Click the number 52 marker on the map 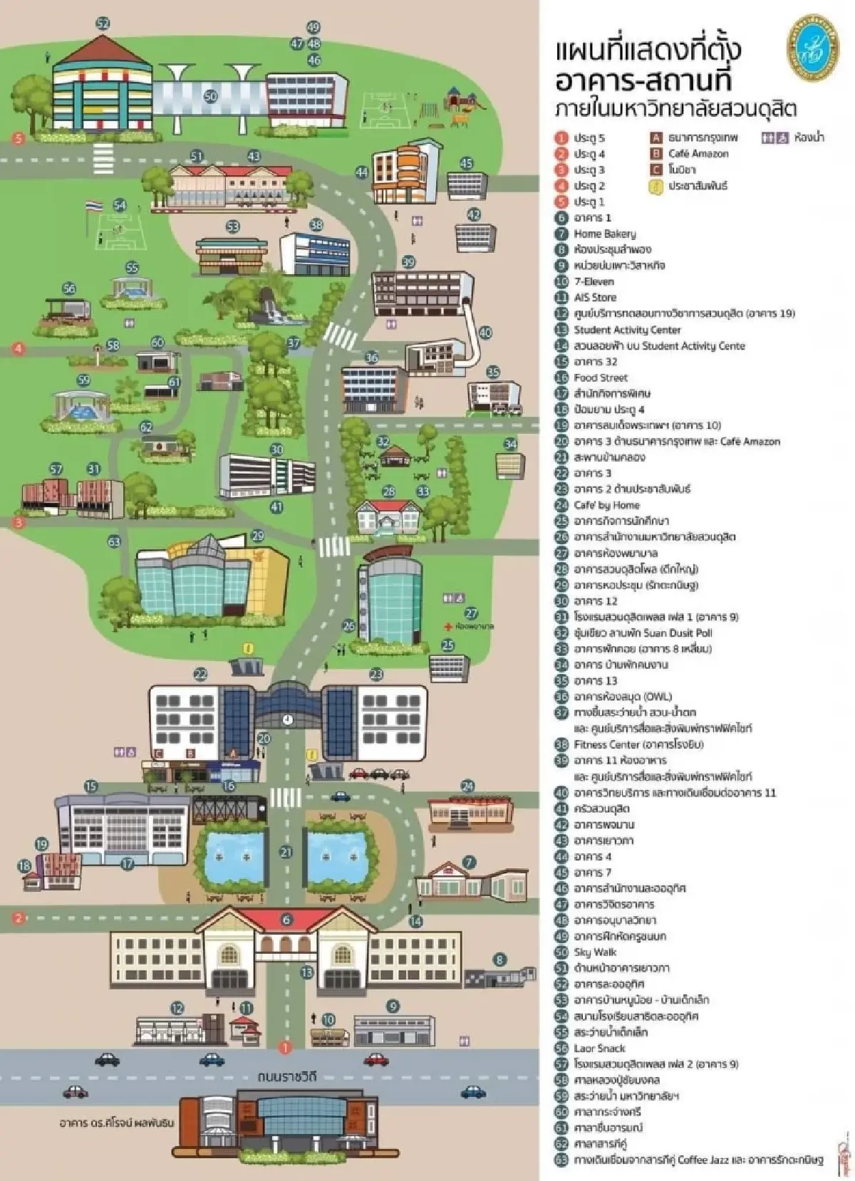coord(103,24)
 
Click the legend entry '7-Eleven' coord(594,281)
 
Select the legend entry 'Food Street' coord(601,378)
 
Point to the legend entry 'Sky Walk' coord(595,952)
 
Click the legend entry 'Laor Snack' coord(599,1049)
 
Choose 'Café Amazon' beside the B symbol coord(698,154)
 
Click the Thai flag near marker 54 coord(91,206)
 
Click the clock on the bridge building coord(287,719)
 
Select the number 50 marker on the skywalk coord(210,96)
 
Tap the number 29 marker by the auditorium coord(258,536)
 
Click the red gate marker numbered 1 coord(284,1048)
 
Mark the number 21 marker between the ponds coord(286,852)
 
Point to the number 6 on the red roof coord(286,920)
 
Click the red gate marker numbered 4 coord(19,349)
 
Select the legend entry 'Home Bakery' coord(604,234)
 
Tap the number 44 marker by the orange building coord(362,172)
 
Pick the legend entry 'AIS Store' coord(595,298)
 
